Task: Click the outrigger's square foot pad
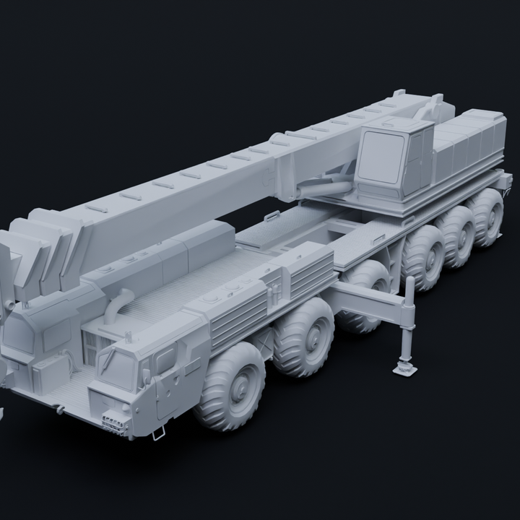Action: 404,368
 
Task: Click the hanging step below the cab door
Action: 158,432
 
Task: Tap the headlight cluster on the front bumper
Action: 113,422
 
